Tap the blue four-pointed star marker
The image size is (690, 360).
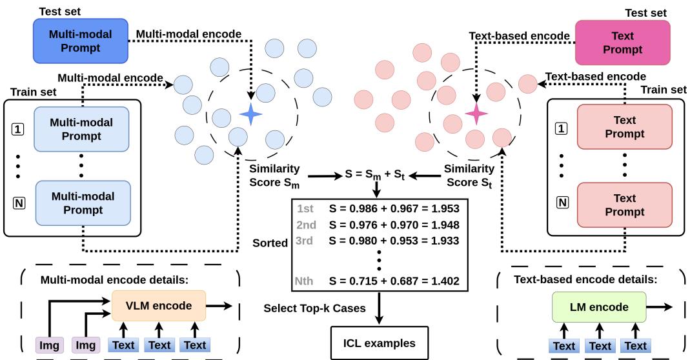249,115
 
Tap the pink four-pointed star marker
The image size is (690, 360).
477,114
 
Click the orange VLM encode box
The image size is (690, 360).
158,306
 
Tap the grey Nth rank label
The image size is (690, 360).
305,281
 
